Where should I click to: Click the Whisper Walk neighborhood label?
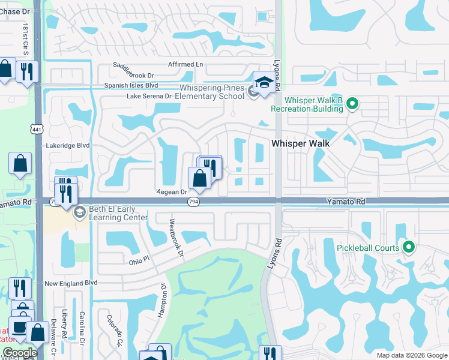coord(300,143)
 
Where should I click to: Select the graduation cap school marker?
coord(264,83)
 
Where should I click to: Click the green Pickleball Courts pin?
coord(409,247)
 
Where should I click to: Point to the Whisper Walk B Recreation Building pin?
coord(353,104)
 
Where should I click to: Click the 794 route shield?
coord(193,202)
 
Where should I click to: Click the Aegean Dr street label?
coord(172,192)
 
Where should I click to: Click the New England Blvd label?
coord(70,283)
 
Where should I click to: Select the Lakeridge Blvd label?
coord(68,145)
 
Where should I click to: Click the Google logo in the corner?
coord(20,353)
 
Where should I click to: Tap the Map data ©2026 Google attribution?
coord(411,355)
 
